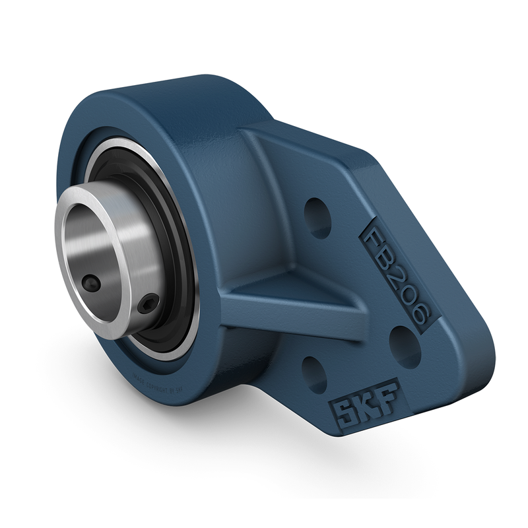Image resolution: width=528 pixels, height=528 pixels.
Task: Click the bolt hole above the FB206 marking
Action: point(318,217)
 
